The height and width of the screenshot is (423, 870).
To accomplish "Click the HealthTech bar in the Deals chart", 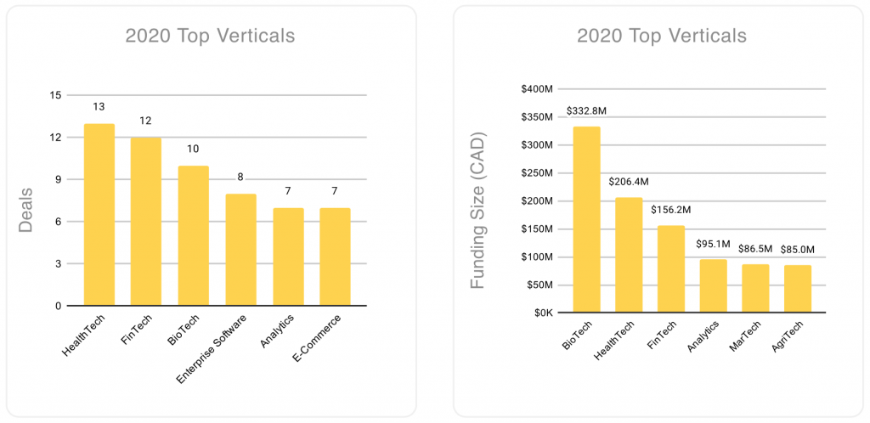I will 99,215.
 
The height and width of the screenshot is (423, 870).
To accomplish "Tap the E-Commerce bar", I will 335,257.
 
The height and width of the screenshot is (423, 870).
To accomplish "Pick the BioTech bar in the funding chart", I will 586,219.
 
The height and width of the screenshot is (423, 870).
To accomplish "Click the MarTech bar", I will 755,288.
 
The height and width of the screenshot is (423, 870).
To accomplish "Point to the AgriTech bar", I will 798,289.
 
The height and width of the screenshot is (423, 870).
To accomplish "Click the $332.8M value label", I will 587,111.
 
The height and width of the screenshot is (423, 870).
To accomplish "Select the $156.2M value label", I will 671,209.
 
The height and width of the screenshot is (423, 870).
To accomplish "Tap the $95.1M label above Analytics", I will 714,243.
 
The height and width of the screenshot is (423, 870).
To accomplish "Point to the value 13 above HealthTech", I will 99,107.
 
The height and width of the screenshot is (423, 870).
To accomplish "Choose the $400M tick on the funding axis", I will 537,89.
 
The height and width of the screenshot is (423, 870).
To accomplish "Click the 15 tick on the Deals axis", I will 56,95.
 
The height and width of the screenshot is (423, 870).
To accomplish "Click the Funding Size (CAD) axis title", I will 480,209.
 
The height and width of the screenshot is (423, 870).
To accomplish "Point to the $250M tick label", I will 537,173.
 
